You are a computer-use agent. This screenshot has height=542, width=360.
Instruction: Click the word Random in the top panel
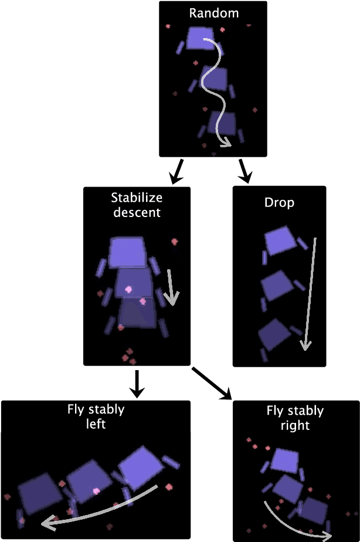coord(213,12)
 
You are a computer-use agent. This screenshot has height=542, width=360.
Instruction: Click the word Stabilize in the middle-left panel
coord(137,198)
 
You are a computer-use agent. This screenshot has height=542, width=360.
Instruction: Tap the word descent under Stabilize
coord(137,212)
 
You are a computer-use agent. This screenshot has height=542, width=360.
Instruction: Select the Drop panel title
coord(279,202)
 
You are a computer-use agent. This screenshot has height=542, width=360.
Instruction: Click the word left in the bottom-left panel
coord(96,423)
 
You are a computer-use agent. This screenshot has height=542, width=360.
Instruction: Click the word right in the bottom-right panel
coord(295,425)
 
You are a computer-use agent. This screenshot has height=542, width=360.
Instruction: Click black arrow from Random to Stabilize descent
coord(175,171)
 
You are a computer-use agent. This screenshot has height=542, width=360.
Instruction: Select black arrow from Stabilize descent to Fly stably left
coord(137,382)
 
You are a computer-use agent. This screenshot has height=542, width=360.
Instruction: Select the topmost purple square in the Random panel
coord(199,38)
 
